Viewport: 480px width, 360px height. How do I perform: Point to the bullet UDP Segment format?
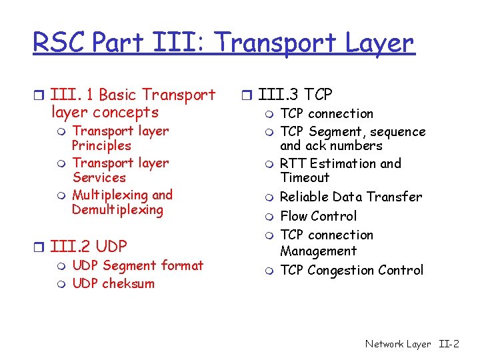[137, 265]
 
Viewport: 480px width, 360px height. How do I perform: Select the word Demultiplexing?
[117, 210]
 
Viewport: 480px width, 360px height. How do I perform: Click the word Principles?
[101, 146]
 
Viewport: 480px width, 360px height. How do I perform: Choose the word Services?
[99, 178]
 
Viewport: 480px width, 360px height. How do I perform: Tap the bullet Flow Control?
[318, 216]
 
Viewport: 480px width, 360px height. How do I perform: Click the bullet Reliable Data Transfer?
[351, 197]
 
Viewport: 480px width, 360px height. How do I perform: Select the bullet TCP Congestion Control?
[351, 270]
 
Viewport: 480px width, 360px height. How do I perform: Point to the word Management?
[318, 251]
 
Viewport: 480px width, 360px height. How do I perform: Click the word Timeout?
[305, 178]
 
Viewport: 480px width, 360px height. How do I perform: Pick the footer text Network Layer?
[398, 344]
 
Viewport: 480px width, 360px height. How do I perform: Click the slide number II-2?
[449, 344]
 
